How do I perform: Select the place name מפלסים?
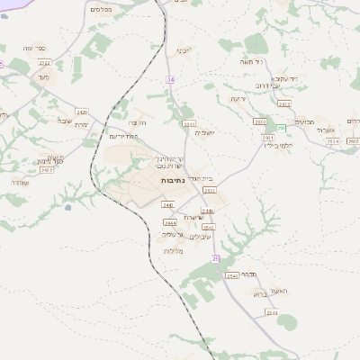(102, 8)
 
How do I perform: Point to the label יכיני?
(183, 49)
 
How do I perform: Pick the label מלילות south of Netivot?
(175, 249)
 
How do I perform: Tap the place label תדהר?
(251, 273)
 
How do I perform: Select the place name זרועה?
(238, 98)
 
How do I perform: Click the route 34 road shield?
(170, 80)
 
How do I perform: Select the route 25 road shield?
(216, 258)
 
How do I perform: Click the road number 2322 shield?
(44, 62)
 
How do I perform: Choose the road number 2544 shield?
(232, 274)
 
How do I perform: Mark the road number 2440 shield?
(166, 204)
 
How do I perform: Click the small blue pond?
(67, 207)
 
